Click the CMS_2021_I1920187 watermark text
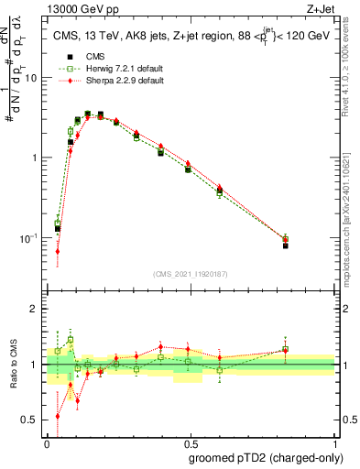(x=191, y=274)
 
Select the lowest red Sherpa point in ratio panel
(x=58, y=416)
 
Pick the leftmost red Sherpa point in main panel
(x=58, y=251)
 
